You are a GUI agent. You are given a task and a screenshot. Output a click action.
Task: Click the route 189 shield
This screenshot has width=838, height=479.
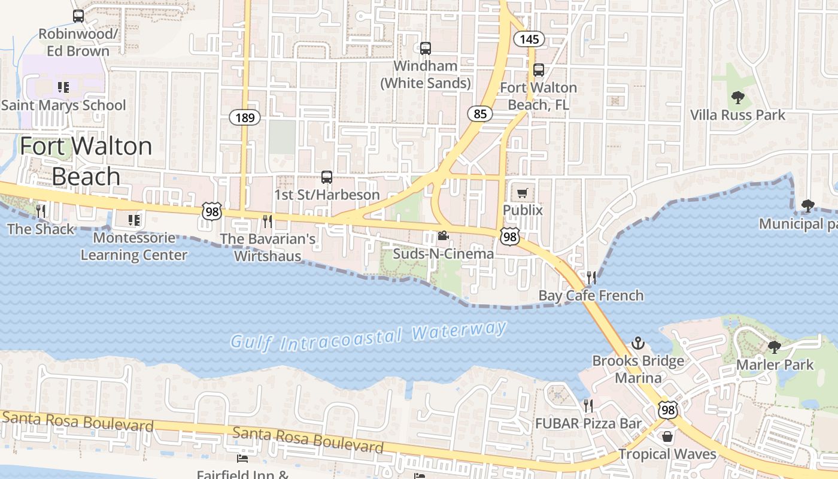(245, 117)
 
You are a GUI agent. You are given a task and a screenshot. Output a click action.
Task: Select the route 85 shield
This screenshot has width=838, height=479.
(480, 113)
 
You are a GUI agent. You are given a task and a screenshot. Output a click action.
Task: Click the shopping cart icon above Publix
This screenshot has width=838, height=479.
(523, 193)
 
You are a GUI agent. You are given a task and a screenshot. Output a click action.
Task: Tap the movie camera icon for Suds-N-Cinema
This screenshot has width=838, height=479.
(443, 236)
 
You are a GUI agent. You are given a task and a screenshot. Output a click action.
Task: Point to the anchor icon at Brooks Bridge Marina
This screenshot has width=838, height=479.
(638, 344)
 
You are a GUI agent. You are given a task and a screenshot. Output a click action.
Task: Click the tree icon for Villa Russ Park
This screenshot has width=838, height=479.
(737, 97)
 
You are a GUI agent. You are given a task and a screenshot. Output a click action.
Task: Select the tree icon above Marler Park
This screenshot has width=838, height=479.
(775, 347)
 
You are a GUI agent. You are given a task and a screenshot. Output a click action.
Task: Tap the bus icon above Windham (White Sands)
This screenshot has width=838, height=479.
(426, 48)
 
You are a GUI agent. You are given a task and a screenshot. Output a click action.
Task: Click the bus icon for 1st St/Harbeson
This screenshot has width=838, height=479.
(327, 177)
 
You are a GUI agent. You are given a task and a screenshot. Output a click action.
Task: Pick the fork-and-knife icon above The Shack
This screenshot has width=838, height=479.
(41, 211)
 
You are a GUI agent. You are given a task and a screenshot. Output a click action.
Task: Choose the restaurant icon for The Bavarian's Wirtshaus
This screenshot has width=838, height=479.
(267, 222)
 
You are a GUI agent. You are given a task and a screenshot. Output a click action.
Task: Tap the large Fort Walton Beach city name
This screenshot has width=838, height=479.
(86, 161)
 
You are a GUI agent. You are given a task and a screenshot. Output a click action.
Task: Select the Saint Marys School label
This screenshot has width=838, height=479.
(63, 105)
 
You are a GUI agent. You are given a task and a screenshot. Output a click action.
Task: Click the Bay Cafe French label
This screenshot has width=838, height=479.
(591, 295)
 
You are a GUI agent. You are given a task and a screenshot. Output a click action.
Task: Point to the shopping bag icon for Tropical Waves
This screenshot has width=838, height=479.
(667, 436)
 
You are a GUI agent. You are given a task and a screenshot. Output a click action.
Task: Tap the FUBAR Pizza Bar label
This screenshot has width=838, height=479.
(588, 424)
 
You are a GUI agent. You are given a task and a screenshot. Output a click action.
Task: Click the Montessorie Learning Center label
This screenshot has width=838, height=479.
(134, 246)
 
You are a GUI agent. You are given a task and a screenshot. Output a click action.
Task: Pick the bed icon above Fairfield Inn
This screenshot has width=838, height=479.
(242, 459)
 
